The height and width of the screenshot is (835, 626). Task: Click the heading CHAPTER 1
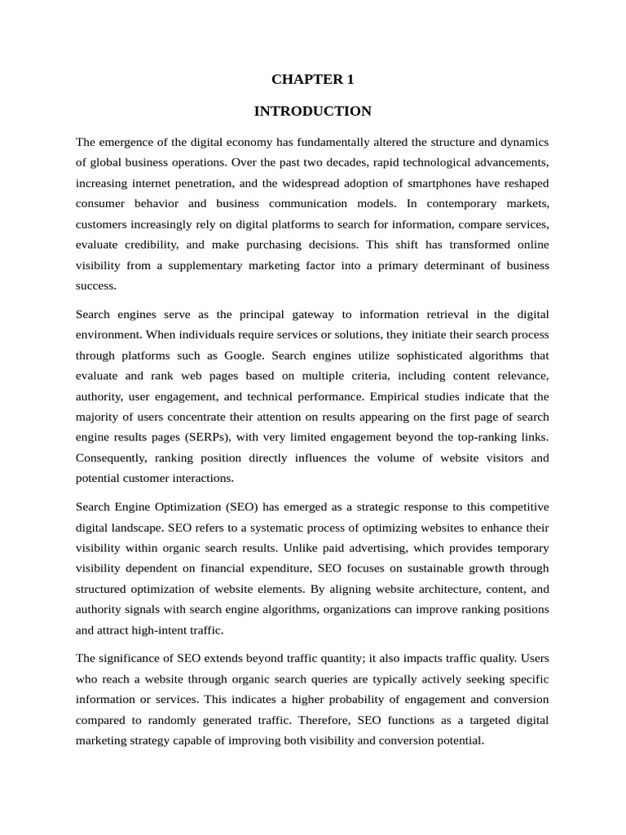[x=312, y=79]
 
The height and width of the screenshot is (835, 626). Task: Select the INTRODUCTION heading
[x=312, y=111]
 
